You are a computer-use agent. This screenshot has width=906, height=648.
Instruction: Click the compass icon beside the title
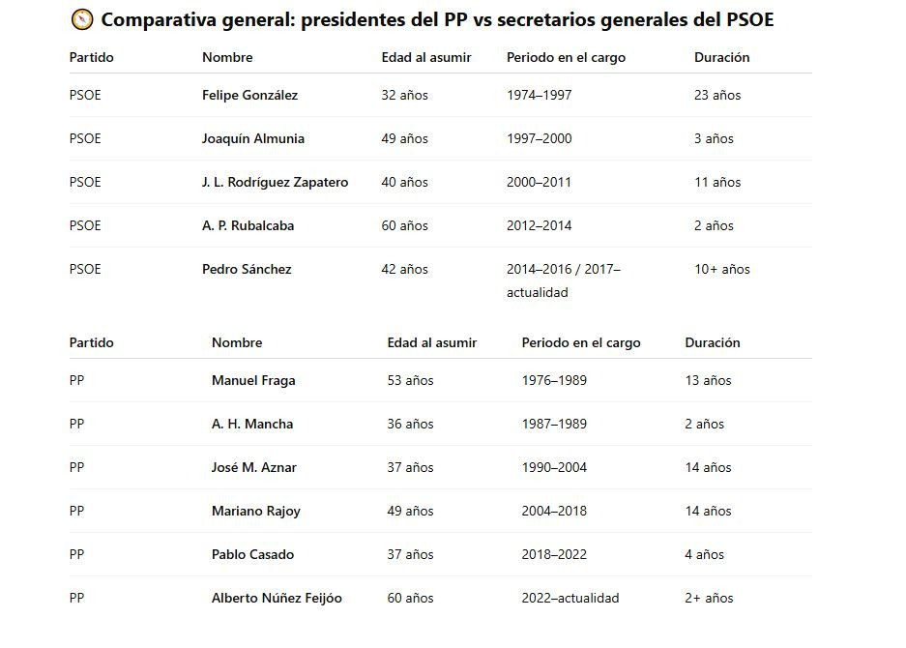[82, 19]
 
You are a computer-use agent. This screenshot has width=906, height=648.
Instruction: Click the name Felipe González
[249, 95]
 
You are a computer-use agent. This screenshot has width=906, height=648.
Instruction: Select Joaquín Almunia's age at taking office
[404, 138]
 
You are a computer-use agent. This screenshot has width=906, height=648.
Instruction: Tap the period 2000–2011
[539, 182]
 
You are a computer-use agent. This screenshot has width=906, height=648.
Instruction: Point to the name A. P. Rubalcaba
[248, 225]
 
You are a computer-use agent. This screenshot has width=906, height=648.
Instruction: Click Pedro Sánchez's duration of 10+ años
[721, 269]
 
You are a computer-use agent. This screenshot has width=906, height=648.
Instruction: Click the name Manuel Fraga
[253, 380]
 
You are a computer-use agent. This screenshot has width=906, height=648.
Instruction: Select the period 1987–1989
[554, 424]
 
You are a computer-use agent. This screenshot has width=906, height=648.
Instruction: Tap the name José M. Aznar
[254, 467]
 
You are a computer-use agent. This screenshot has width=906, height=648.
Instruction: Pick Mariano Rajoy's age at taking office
[410, 511]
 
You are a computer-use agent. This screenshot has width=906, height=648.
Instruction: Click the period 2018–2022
[554, 554]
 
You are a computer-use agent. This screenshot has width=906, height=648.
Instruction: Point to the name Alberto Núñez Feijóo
[277, 598]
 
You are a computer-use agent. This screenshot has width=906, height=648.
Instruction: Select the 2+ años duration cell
[709, 598]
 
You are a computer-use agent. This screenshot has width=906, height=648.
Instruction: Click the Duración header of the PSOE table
[721, 57]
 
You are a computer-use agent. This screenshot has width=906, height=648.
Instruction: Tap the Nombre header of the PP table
[237, 342]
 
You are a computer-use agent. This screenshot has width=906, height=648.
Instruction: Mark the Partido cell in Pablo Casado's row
[77, 554]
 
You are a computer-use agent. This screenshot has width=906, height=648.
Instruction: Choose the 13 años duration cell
[708, 380]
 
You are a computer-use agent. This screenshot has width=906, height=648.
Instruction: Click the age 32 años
[404, 95]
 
